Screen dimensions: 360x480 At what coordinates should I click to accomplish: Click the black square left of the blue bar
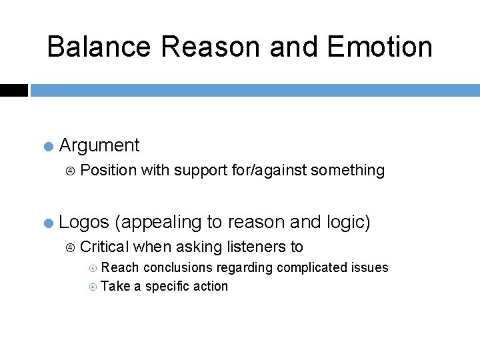tap(13, 90)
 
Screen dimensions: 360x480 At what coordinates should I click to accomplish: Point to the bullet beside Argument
tap(48, 146)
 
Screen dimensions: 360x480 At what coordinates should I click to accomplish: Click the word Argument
tap(99, 145)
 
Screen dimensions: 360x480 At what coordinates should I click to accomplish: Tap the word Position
tap(108, 171)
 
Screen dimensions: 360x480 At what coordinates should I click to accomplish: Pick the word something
tap(348, 171)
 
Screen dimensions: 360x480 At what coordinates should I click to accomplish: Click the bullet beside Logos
tap(48, 223)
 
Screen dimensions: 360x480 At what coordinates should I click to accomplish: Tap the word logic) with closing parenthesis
tap(345, 222)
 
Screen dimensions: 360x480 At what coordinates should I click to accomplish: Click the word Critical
tap(104, 247)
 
